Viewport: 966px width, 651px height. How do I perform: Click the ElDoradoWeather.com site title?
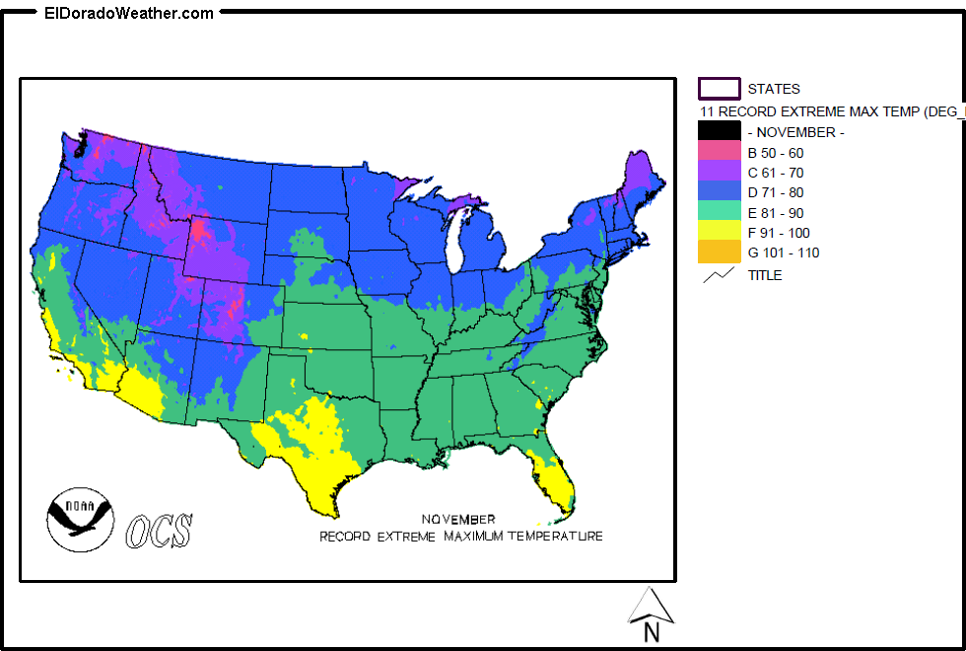coord(128,14)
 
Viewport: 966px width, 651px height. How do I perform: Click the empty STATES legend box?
coord(719,89)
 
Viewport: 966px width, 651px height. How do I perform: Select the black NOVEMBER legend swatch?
coord(719,131)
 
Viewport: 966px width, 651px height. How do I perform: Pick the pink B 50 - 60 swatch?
coord(719,152)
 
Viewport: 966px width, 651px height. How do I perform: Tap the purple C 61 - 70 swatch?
coord(719,173)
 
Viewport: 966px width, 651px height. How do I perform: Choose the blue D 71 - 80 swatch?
coord(719,192)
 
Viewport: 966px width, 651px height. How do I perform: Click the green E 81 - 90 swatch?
coord(719,212)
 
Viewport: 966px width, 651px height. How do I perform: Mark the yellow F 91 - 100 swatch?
coord(719,233)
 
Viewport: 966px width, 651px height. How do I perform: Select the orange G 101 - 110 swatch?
coord(719,253)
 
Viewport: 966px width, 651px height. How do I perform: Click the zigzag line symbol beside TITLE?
coord(719,275)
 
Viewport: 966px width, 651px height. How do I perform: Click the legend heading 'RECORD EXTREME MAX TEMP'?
coord(828,111)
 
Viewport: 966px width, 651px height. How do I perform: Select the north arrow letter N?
coord(651,632)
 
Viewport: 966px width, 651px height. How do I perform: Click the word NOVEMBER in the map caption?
coord(458,519)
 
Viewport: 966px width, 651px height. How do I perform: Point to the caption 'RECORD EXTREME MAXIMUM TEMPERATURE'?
coord(460,537)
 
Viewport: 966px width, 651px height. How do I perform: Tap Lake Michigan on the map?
coord(455,243)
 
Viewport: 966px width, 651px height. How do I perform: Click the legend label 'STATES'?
coord(774,89)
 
